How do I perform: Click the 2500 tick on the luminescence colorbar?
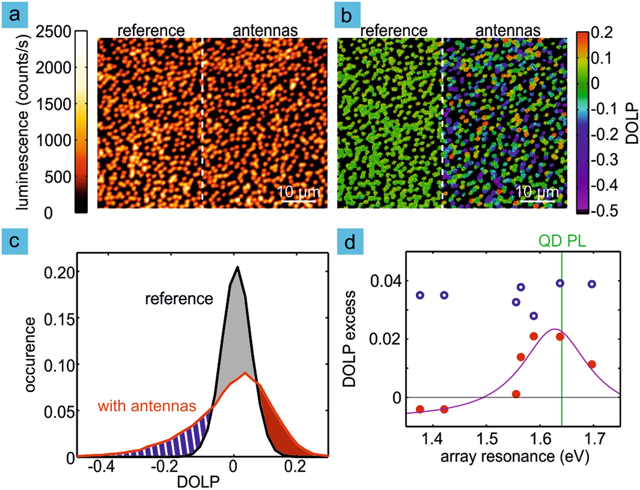(54, 32)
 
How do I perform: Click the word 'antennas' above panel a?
(265, 31)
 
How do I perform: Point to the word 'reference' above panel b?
(394, 31)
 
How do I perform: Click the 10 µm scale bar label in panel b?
(537, 192)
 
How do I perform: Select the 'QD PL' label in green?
(562, 241)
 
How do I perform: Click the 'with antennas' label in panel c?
(147, 406)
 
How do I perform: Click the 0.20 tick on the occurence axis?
(59, 272)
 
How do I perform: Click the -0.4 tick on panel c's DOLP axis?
(101, 467)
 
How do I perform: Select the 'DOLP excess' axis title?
(349, 339)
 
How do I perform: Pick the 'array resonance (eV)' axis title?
(515, 457)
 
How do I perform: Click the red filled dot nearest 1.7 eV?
(592, 364)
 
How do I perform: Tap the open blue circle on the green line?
(560, 284)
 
